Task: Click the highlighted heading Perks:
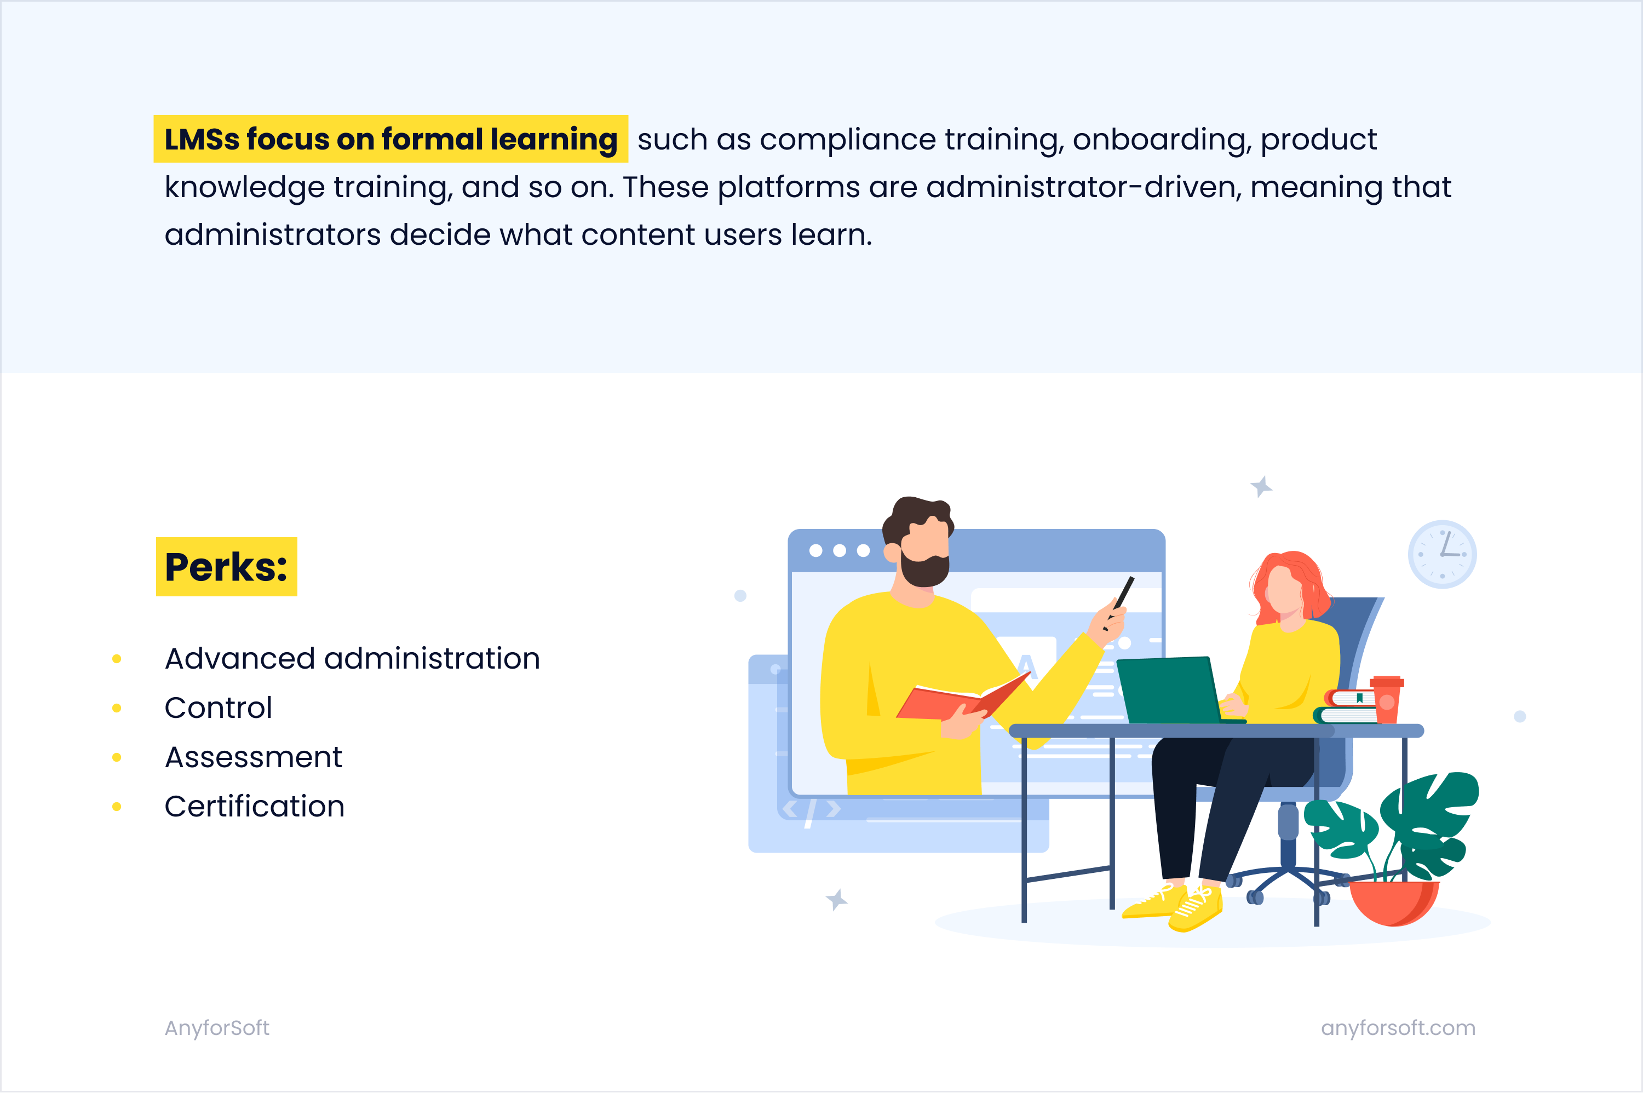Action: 227,567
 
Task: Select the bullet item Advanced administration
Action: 352,659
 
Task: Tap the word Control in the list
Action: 218,708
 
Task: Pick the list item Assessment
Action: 253,757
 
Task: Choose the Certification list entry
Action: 255,807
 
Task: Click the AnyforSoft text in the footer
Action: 217,1028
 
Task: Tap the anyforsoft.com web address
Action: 1398,1028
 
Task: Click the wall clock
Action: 1442,554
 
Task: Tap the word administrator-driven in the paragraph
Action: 1084,187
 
